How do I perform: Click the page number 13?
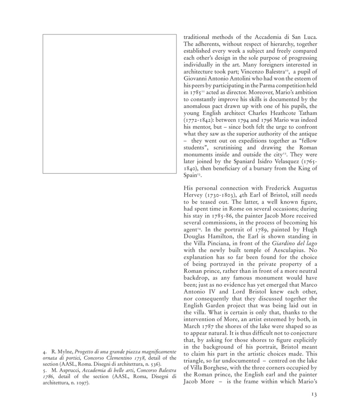314,395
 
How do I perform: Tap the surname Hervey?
194,195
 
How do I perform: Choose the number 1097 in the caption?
82,383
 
